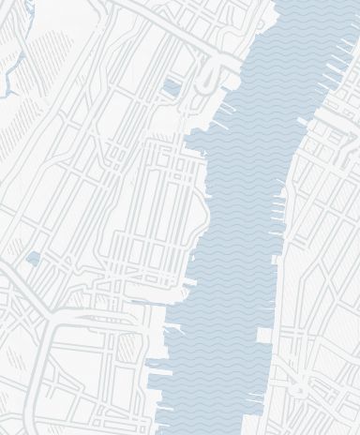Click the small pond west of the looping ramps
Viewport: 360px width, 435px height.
171,87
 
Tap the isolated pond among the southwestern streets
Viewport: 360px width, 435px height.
34,258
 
